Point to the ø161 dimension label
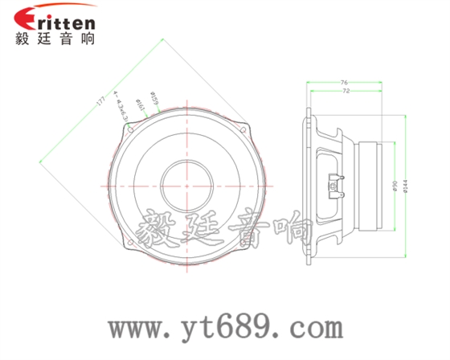coord(141,104)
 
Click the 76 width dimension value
coord(344,83)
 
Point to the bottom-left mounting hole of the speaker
coord(131,240)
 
